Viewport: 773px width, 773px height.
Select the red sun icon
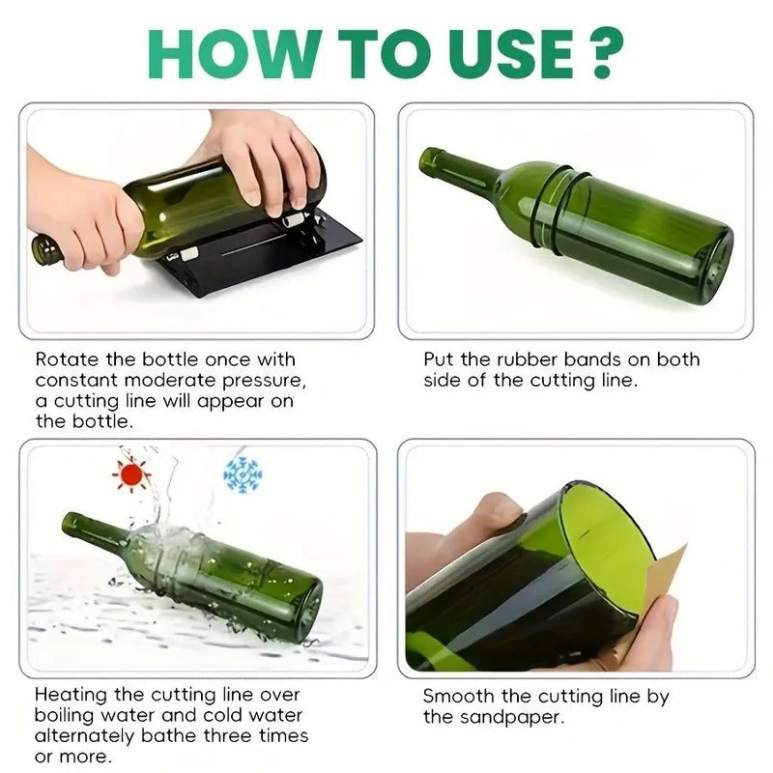131,474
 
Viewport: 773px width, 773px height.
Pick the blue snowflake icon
243,474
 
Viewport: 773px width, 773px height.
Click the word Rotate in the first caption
67,359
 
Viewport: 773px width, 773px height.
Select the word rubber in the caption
527,359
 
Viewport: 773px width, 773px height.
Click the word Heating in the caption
71,695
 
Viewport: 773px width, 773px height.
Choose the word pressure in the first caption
264,381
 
